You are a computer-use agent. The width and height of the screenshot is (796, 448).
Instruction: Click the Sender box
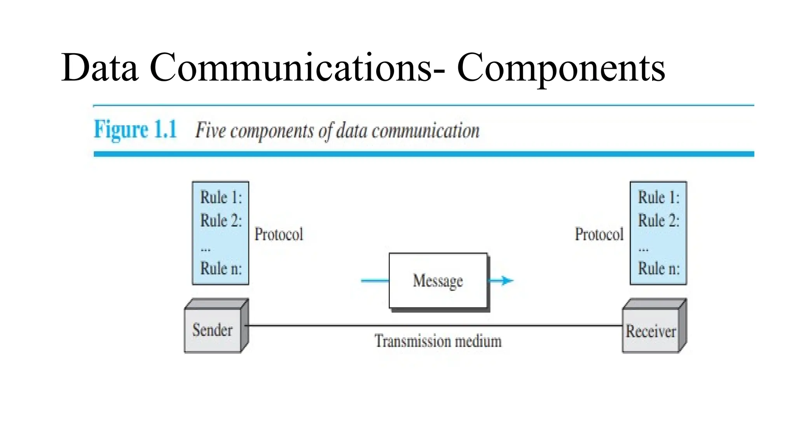click(x=213, y=330)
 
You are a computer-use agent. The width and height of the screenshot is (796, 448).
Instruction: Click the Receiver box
click(x=651, y=331)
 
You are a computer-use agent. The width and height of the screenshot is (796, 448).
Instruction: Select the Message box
click(x=438, y=280)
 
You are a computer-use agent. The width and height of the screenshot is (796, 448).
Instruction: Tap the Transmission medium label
click(x=438, y=341)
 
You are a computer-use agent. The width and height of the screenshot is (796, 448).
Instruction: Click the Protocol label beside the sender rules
click(x=279, y=234)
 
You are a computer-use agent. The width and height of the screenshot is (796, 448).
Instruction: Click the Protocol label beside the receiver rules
click(x=599, y=234)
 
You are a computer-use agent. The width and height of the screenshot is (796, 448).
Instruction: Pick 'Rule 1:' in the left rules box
click(x=221, y=197)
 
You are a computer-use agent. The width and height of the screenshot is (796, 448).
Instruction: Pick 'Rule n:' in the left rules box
click(x=221, y=268)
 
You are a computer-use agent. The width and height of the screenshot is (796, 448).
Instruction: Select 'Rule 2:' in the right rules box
click(x=659, y=220)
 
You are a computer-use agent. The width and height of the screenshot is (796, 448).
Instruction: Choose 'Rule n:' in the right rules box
click(x=659, y=268)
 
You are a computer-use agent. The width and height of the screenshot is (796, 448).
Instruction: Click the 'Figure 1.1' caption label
click(x=135, y=129)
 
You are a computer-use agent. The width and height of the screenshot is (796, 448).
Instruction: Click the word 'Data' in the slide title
click(x=99, y=68)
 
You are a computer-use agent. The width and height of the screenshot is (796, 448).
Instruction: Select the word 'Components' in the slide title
click(x=561, y=68)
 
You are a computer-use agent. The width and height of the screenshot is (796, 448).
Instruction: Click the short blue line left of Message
click(x=375, y=280)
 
